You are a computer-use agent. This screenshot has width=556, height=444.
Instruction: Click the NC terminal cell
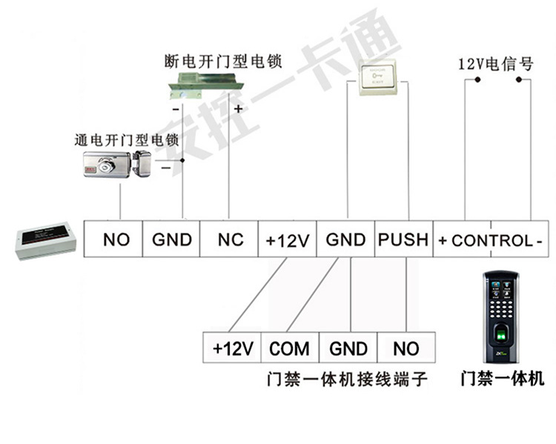click(x=231, y=239)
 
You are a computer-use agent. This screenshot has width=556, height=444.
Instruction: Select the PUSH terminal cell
click(x=403, y=239)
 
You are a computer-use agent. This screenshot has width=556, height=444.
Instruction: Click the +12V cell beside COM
click(x=233, y=348)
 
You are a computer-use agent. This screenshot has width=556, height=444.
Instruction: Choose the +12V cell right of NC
click(x=288, y=240)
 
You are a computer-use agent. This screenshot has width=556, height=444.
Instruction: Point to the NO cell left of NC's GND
click(x=116, y=239)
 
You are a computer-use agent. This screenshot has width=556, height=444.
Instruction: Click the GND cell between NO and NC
click(x=172, y=239)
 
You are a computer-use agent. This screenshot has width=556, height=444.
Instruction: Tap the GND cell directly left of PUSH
click(x=345, y=239)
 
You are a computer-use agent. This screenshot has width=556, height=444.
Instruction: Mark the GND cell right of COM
click(x=348, y=348)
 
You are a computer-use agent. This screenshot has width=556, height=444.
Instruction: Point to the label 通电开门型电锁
click(x=127, y=139)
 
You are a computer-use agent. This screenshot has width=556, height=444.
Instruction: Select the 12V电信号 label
click(x=496, y=64)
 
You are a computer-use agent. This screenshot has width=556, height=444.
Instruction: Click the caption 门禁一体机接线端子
click(x=347, y=380)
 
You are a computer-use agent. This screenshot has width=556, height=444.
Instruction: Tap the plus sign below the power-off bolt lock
click(x=238, y=109)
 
